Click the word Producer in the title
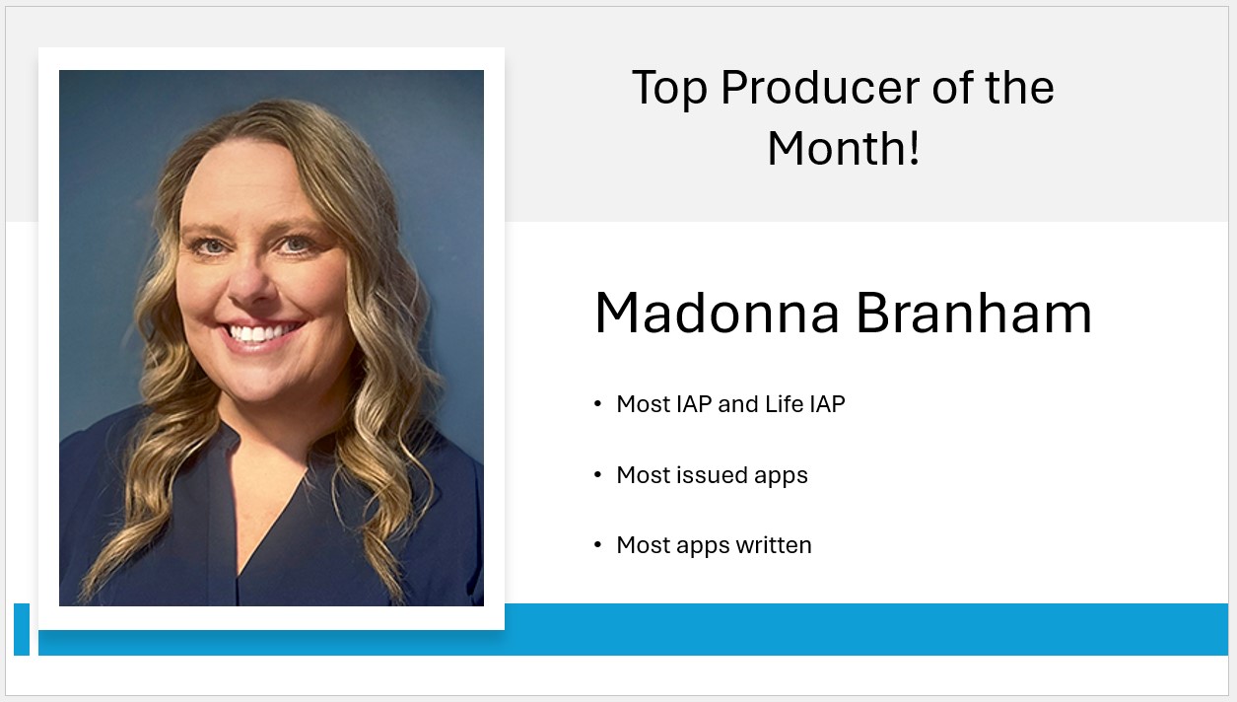click(820, 89)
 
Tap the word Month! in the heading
click(844, 148)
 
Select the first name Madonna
click(717, 314)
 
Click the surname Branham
click(974, 313)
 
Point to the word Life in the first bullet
click(785, 403)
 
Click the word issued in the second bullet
click(712, 475)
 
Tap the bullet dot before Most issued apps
click(597, 475)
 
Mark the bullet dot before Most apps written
click(597, 545)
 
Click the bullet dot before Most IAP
click(597, 403)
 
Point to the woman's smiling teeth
click(260, 333)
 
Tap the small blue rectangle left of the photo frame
click(22, 630)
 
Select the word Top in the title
click(669, 89)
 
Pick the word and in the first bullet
click(738, 403)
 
